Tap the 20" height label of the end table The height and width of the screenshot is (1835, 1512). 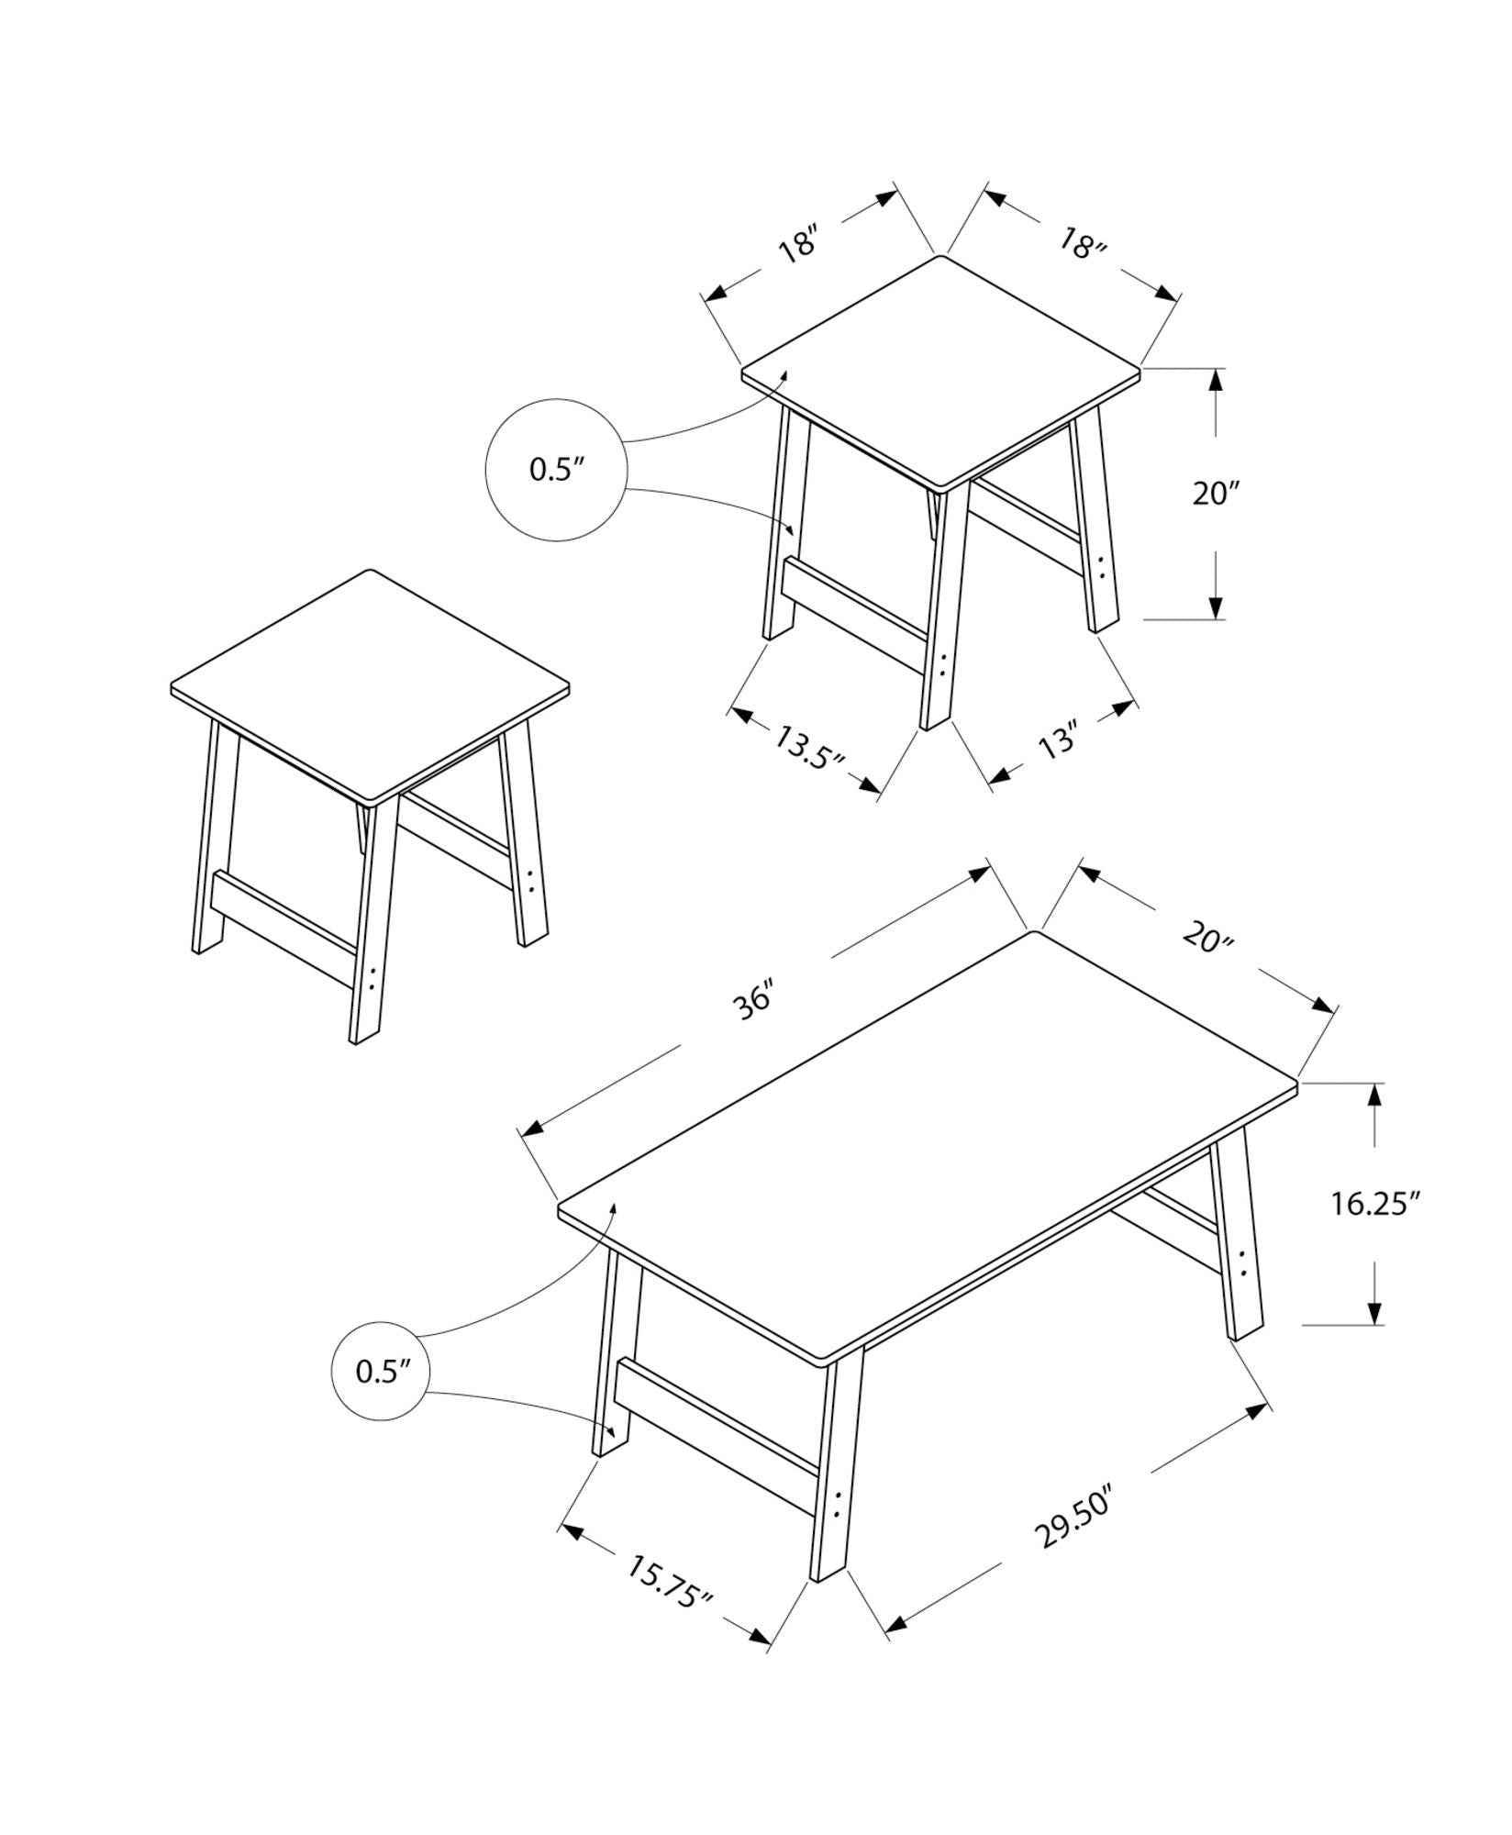[x=1216, y=494]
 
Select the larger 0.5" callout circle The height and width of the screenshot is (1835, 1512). [x=556, y=470]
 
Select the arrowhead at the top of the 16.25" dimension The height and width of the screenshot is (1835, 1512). [x=1374, y=1095]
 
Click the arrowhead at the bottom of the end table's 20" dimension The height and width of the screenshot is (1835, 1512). [x=1216, y=606]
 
